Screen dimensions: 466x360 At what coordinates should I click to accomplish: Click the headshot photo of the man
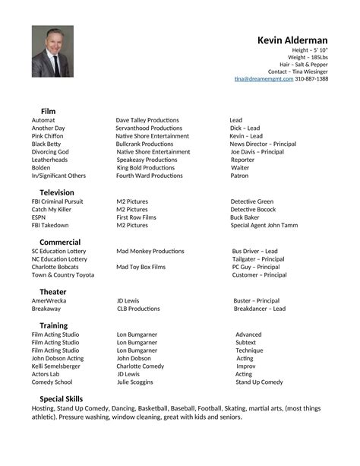point(52,51)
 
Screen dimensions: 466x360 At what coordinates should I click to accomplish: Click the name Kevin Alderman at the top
point(292,40)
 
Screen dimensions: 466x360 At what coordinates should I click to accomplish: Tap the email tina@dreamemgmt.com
point(264,78)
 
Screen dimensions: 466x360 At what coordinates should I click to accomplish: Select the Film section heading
point(48,111)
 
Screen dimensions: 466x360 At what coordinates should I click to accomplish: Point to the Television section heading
point(57,192)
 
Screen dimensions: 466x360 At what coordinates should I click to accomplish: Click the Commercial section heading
point(60,242)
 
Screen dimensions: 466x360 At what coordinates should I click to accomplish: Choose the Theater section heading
point(52,292)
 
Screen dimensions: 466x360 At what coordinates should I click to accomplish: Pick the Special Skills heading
point(62,398)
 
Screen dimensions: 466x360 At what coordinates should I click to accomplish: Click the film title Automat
point(43,120)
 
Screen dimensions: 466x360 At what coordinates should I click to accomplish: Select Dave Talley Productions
point(147,120)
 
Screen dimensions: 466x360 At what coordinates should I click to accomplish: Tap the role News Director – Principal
point(263,144)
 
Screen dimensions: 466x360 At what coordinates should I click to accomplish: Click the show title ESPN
point(39,217)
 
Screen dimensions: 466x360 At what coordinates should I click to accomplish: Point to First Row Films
point(136,217)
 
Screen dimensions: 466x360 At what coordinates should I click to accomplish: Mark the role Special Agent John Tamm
point(264,225)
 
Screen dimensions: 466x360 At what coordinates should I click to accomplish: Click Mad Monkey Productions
point(150,251)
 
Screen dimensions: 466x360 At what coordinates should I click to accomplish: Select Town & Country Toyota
point(62,274)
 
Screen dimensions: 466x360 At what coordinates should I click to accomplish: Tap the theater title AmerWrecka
point(49,300)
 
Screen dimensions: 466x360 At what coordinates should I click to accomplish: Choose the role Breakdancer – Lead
point(259,309)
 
